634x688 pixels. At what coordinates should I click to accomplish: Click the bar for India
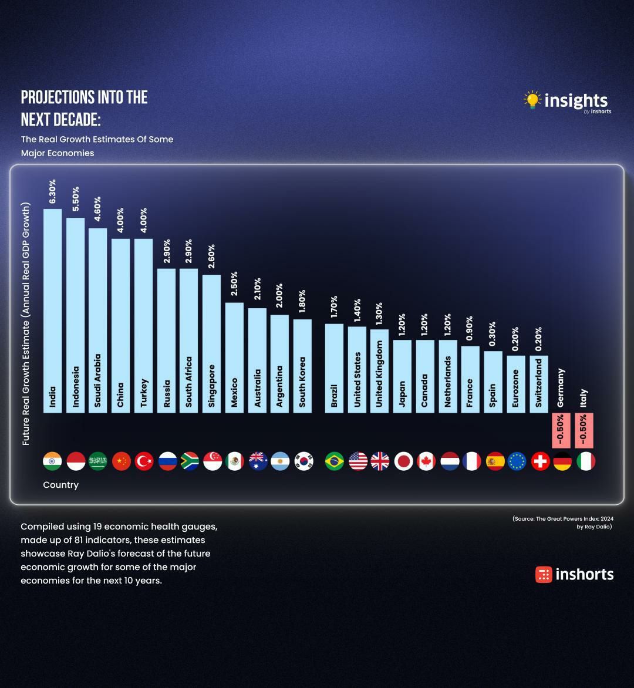52,311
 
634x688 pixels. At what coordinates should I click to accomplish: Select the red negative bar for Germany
562,430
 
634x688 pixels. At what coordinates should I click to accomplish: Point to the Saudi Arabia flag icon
97,461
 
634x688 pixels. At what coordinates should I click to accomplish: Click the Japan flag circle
403,461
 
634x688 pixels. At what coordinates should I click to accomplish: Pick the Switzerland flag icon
540,461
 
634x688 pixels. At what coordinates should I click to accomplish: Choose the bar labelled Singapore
211,343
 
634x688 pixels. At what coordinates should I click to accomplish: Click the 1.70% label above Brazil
334,306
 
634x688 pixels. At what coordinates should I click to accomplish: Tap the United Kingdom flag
380,461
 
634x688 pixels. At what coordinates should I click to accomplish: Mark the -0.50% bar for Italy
584,430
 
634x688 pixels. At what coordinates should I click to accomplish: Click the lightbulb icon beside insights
532,100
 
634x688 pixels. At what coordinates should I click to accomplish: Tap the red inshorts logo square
544,574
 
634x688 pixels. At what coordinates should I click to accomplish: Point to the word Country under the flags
60,485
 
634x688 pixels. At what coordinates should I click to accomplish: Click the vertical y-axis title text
26,323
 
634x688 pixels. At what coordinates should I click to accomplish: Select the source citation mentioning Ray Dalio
562,522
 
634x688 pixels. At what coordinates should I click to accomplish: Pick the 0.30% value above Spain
492,333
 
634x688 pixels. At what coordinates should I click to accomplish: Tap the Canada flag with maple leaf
426,461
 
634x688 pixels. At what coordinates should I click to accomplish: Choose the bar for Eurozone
516,384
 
